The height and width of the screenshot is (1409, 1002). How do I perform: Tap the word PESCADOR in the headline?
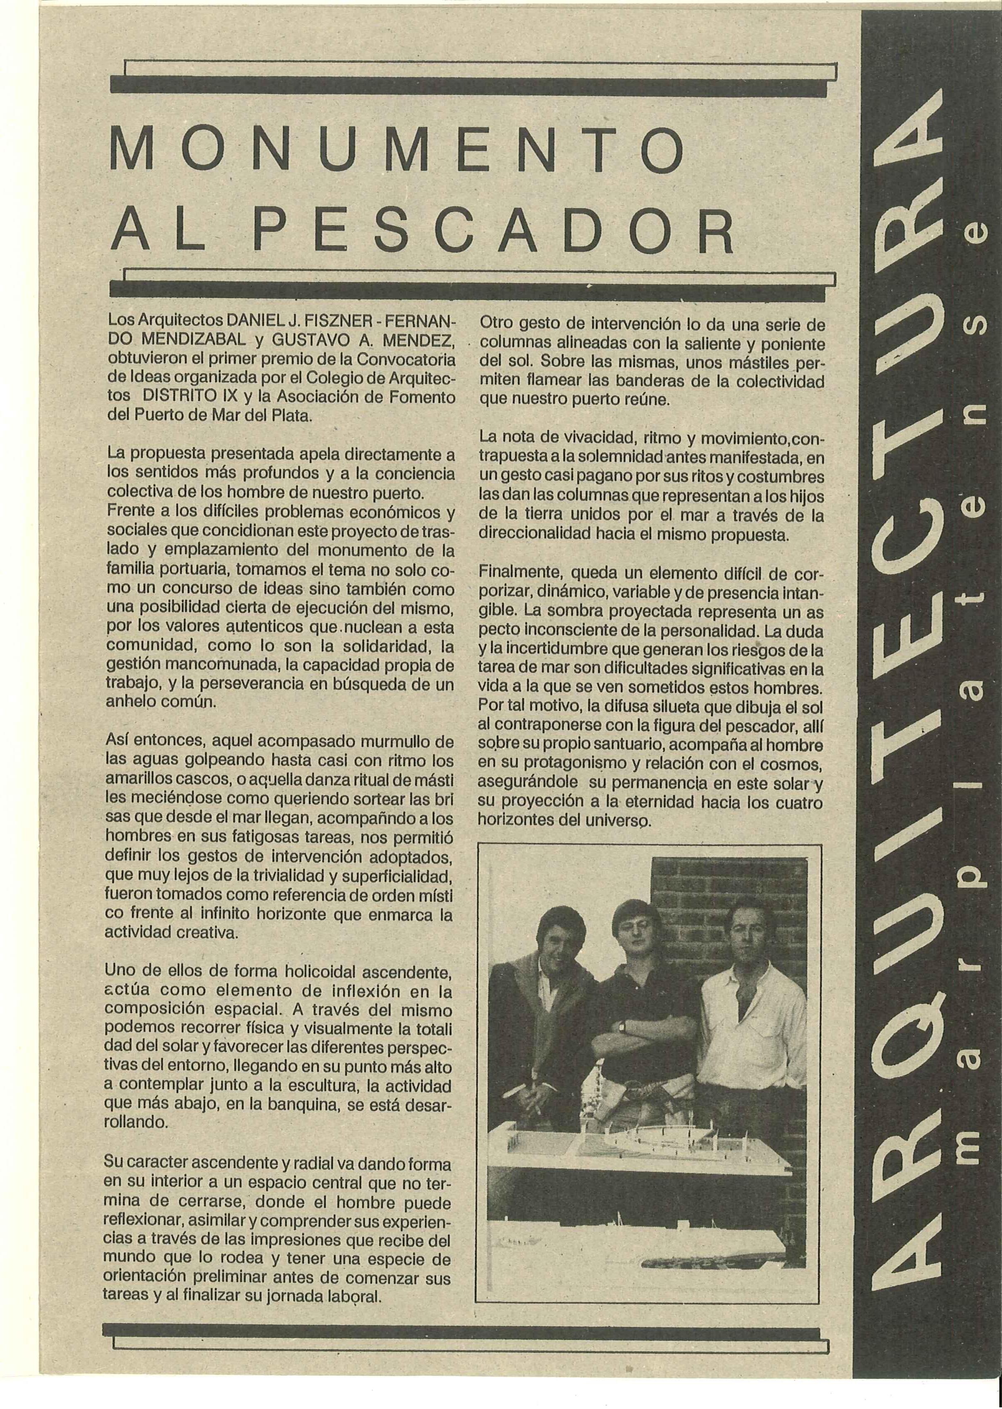click(494, 232)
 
